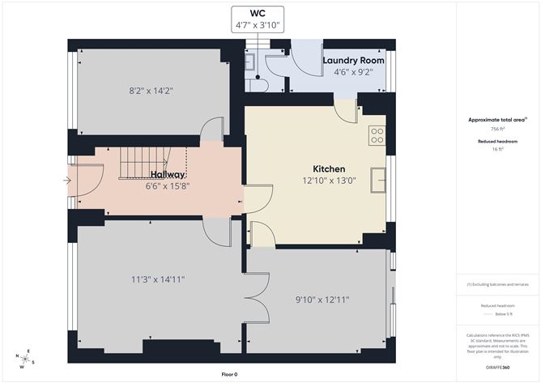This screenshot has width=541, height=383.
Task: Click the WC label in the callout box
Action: (258, 14)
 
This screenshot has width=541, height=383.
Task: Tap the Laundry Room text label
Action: (353, 61)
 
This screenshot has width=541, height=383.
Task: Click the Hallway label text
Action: (168, 175)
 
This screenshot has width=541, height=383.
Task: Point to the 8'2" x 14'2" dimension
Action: (151, 91)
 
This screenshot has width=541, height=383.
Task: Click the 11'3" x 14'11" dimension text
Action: (158, 279)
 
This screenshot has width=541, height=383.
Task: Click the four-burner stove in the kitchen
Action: (377, 136)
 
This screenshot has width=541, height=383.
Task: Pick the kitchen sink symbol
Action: (378, 180)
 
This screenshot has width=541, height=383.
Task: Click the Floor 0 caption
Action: (232, 374)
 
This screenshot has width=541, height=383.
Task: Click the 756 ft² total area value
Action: (497, 129)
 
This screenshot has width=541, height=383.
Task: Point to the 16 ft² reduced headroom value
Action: (497, 149)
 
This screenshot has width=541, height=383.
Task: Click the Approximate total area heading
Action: (497, 119)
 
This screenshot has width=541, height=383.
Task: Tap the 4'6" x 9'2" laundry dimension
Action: (353, 73)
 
